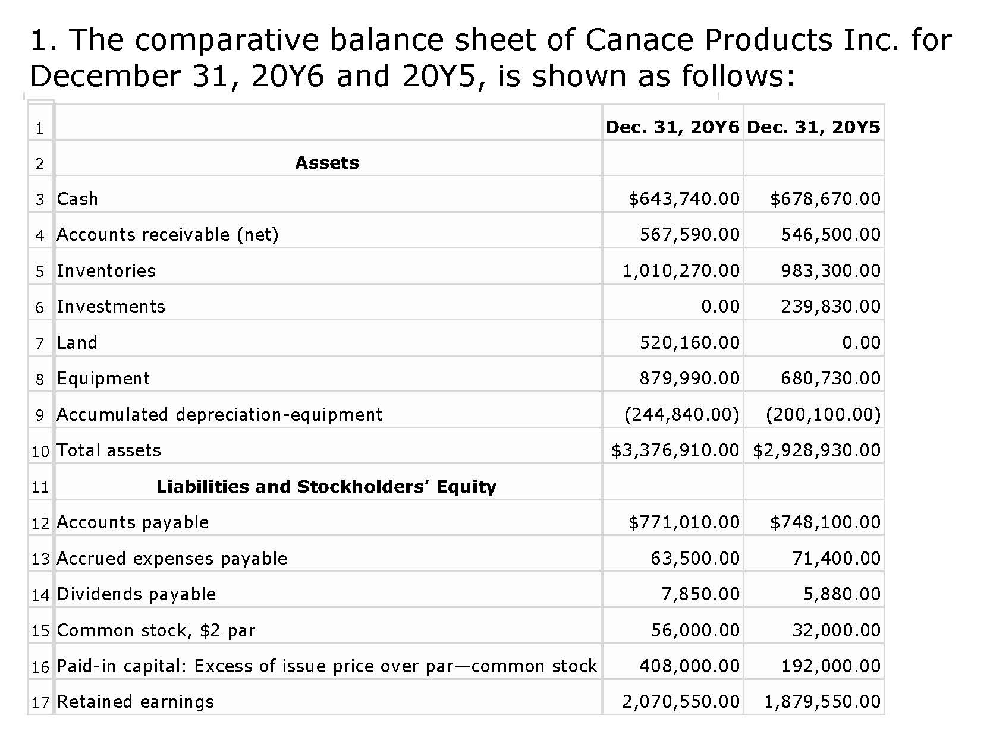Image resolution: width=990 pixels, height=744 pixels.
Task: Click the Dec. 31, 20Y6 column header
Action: [x=672, y=127]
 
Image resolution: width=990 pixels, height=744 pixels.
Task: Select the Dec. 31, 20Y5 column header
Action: [x=813, y=127]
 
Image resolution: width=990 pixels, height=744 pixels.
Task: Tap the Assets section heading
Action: [x=327, y=163]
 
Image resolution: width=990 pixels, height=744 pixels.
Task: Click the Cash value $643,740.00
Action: [x=684, y=198]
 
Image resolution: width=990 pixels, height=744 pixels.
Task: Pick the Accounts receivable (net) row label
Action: [x=168, y=235]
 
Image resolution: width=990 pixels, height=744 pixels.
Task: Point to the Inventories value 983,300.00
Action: [x=831, y=271]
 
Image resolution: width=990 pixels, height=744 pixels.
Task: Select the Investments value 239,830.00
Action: [x=831, y=307]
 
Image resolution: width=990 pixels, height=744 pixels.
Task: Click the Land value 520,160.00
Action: [x=690, y=343]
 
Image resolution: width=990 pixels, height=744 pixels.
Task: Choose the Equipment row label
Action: [x=103, y=379]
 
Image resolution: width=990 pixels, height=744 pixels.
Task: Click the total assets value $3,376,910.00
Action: [x=675, y=450]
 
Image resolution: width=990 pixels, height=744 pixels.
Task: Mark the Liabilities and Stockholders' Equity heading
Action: [x=326, y=487]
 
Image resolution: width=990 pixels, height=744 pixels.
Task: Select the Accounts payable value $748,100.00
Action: [x=825, y=522]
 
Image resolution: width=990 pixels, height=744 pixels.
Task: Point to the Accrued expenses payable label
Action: [x=172, y=559]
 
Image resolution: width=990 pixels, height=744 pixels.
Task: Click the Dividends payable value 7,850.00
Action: [x=700, y=594]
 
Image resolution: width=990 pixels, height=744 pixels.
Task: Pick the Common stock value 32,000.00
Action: [x=836, y=630]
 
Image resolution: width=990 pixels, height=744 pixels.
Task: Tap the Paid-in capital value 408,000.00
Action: [x=690, y=666]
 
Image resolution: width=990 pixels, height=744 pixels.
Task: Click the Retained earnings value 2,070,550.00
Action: [x=681, y=702]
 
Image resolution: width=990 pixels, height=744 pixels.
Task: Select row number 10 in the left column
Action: [x=40, y=452]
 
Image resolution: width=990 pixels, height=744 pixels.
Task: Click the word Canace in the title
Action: [x=639, y=40]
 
